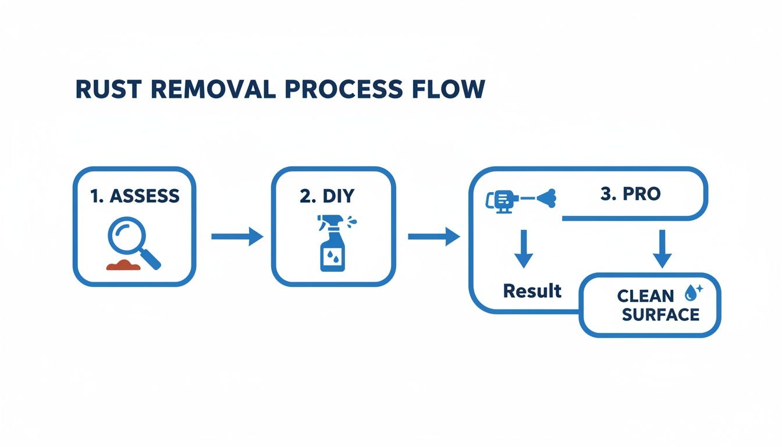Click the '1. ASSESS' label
135,196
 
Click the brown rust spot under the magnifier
123,265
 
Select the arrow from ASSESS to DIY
236,236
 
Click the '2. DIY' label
326,196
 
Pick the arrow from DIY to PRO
433,236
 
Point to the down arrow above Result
523,249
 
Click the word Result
532,290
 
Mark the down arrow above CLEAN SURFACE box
662,249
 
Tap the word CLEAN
645,296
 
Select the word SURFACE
660,315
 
